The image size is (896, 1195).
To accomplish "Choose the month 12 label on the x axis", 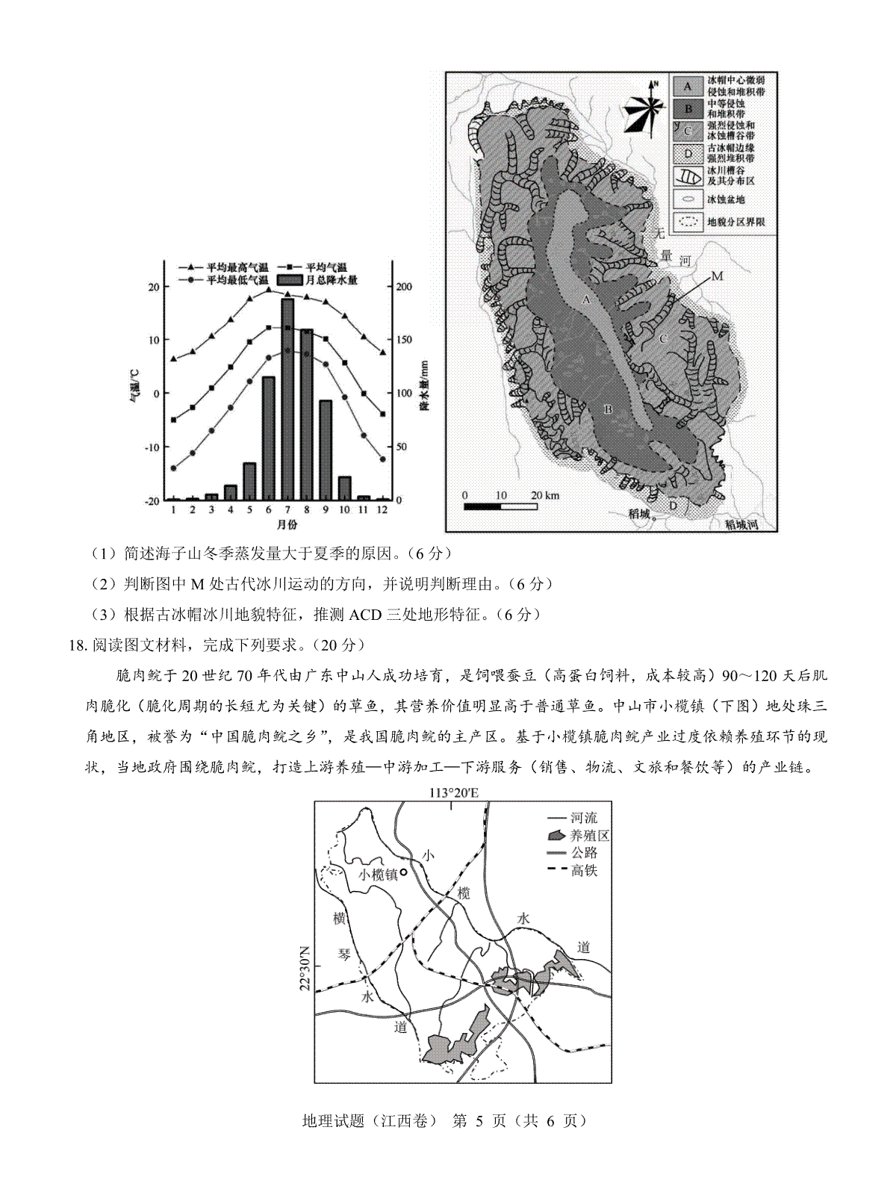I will point(382,509).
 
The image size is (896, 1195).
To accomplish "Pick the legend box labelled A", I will point(688,85).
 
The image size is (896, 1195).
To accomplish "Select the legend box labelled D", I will point(688,154).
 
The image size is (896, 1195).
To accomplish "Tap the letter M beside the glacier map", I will point(717,276).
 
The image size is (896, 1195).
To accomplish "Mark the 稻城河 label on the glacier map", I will point(741,524).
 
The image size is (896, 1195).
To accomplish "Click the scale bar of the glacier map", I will point(500,506).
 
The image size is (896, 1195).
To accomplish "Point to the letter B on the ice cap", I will point(607,409).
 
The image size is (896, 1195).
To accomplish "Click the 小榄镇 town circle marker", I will point(404,872).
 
